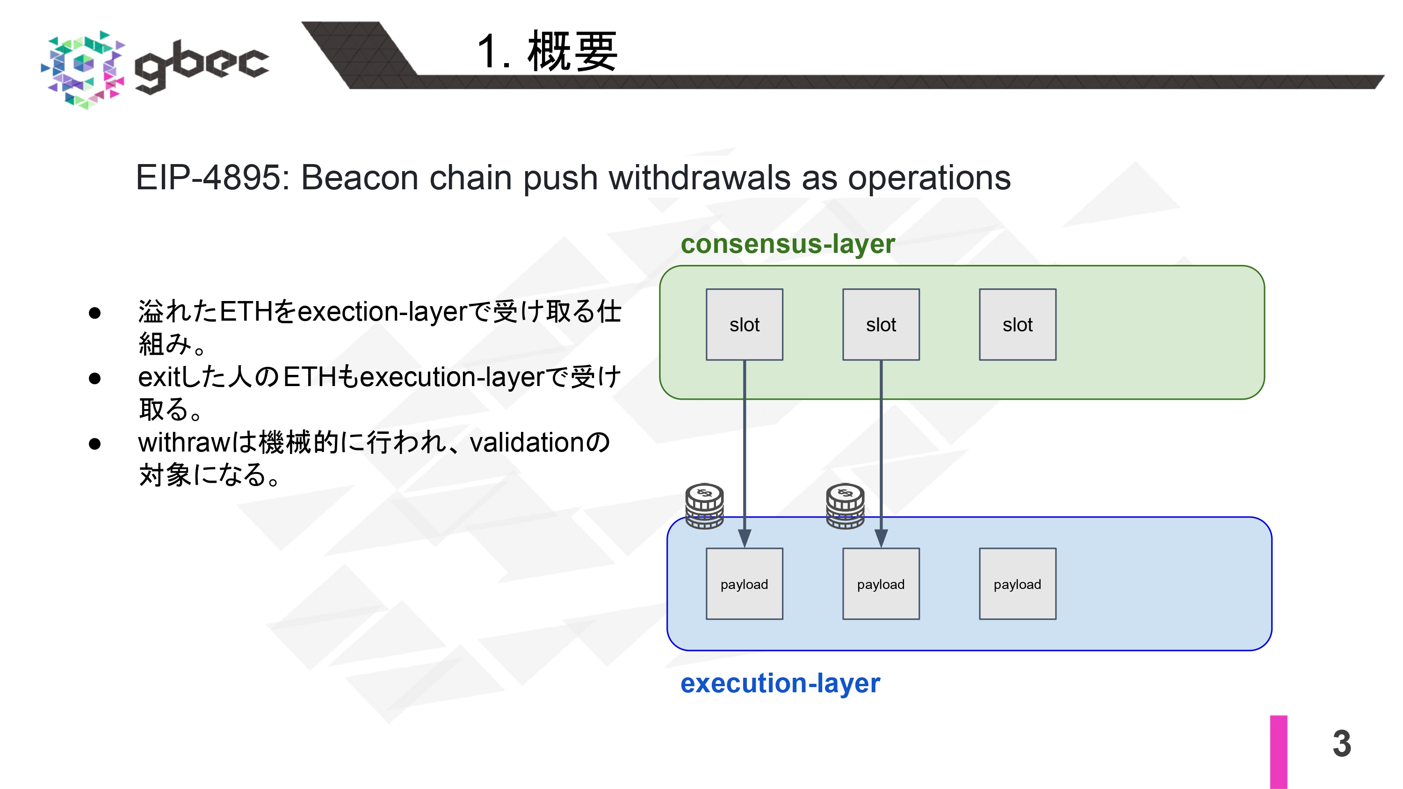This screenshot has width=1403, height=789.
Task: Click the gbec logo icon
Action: (x=83, y=69)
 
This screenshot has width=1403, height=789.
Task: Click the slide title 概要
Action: (x=572, y=52)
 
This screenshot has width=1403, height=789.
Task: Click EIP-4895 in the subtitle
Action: (x=212, y=178)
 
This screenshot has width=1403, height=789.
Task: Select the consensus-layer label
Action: (x=788, y=244)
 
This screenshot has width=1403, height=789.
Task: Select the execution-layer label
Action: (x=780, y=683)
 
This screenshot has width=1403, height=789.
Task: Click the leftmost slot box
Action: (x=744, y=324)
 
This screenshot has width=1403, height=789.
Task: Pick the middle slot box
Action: (x=881, y=324)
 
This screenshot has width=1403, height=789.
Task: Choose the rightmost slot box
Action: (x=1017, y=324)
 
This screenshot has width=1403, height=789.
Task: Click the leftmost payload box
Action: (x=744, y=584)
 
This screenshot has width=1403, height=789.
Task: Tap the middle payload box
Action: (x=881, y=584)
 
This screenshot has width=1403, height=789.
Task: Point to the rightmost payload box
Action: (x=1017, y=584)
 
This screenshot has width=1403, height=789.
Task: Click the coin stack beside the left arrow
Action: (x=704, y=506)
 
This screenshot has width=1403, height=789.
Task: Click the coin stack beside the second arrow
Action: (x=845, y=506)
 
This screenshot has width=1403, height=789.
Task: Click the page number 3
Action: (x=1341, y=743)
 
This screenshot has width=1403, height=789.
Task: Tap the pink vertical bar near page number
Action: (x=1278, y=752)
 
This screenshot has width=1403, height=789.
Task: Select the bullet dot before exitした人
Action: (x=95, y=378)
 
